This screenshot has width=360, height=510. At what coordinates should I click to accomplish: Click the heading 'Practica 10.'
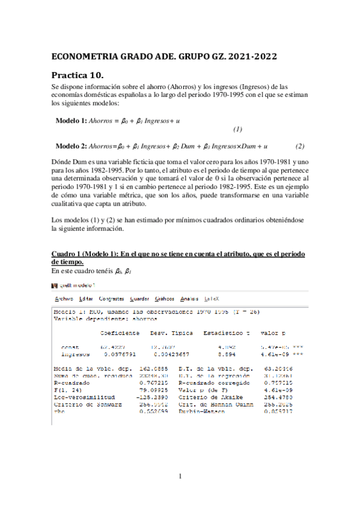[x=78, y=75]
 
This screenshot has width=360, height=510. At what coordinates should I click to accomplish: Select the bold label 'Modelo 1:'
[x=71, y=121]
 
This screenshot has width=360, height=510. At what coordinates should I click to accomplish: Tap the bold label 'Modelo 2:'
[x=71, y=146]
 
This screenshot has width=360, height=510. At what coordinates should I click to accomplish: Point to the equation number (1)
[x=237, y=129]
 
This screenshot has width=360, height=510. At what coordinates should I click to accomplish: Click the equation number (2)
[x=300, y=146]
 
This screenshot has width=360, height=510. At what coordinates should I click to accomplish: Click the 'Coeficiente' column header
[x=120, y=333]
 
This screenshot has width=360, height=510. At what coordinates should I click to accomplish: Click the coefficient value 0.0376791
[x=120, y=354]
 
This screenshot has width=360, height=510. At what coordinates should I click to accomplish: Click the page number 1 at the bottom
[x=180, y=477]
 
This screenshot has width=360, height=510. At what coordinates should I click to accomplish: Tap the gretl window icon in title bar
[x=55, y=286]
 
